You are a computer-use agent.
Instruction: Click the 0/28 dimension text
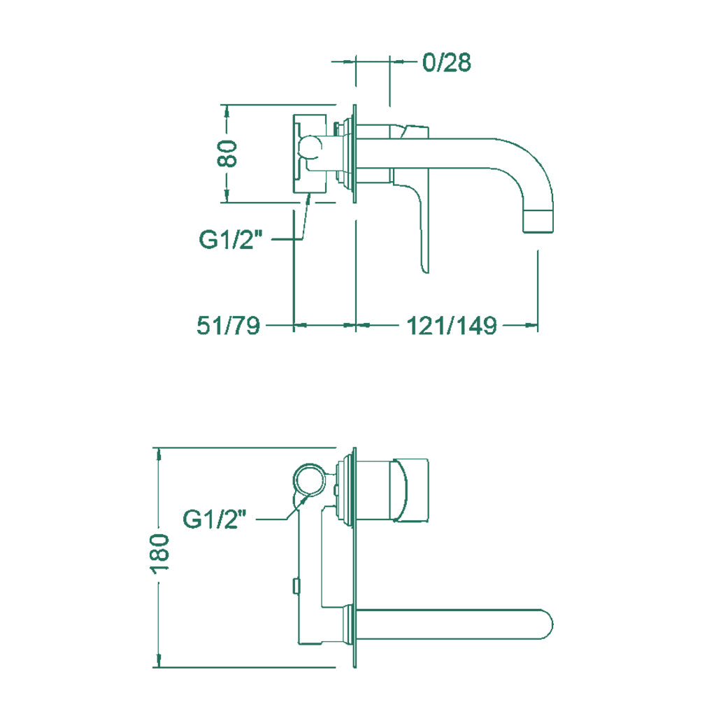[447, 62]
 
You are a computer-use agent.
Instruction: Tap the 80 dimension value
[227, 153]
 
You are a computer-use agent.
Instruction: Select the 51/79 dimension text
[229, 326]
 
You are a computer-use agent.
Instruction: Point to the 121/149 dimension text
[451, 326]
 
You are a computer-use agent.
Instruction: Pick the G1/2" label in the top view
[231, 239]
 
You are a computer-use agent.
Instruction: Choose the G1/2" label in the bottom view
[215, 519]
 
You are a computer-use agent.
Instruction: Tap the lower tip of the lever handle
[426, 271]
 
